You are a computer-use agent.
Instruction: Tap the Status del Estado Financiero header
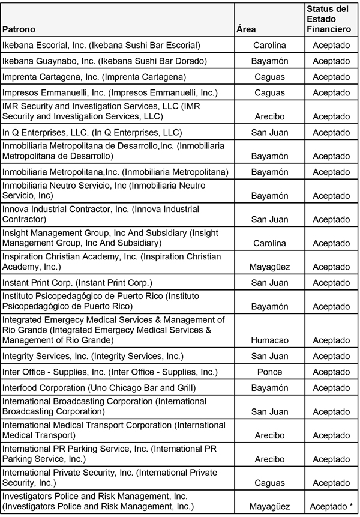pos(328,19)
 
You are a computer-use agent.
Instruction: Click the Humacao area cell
pos(270,340)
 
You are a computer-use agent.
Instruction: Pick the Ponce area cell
pos(270,372)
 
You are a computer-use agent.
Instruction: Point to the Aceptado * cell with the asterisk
pos(331,507)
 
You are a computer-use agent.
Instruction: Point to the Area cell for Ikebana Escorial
pos(270,45)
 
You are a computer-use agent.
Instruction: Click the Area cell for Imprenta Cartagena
pos(270,77)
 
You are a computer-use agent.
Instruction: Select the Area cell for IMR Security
pos(270,116)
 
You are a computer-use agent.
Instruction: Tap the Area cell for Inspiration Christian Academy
pos(270,267)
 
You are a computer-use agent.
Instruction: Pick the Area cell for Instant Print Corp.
pos(270,282)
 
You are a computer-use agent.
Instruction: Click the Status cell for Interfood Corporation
pos(331,388)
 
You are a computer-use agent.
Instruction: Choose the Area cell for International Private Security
pos(270,483)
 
